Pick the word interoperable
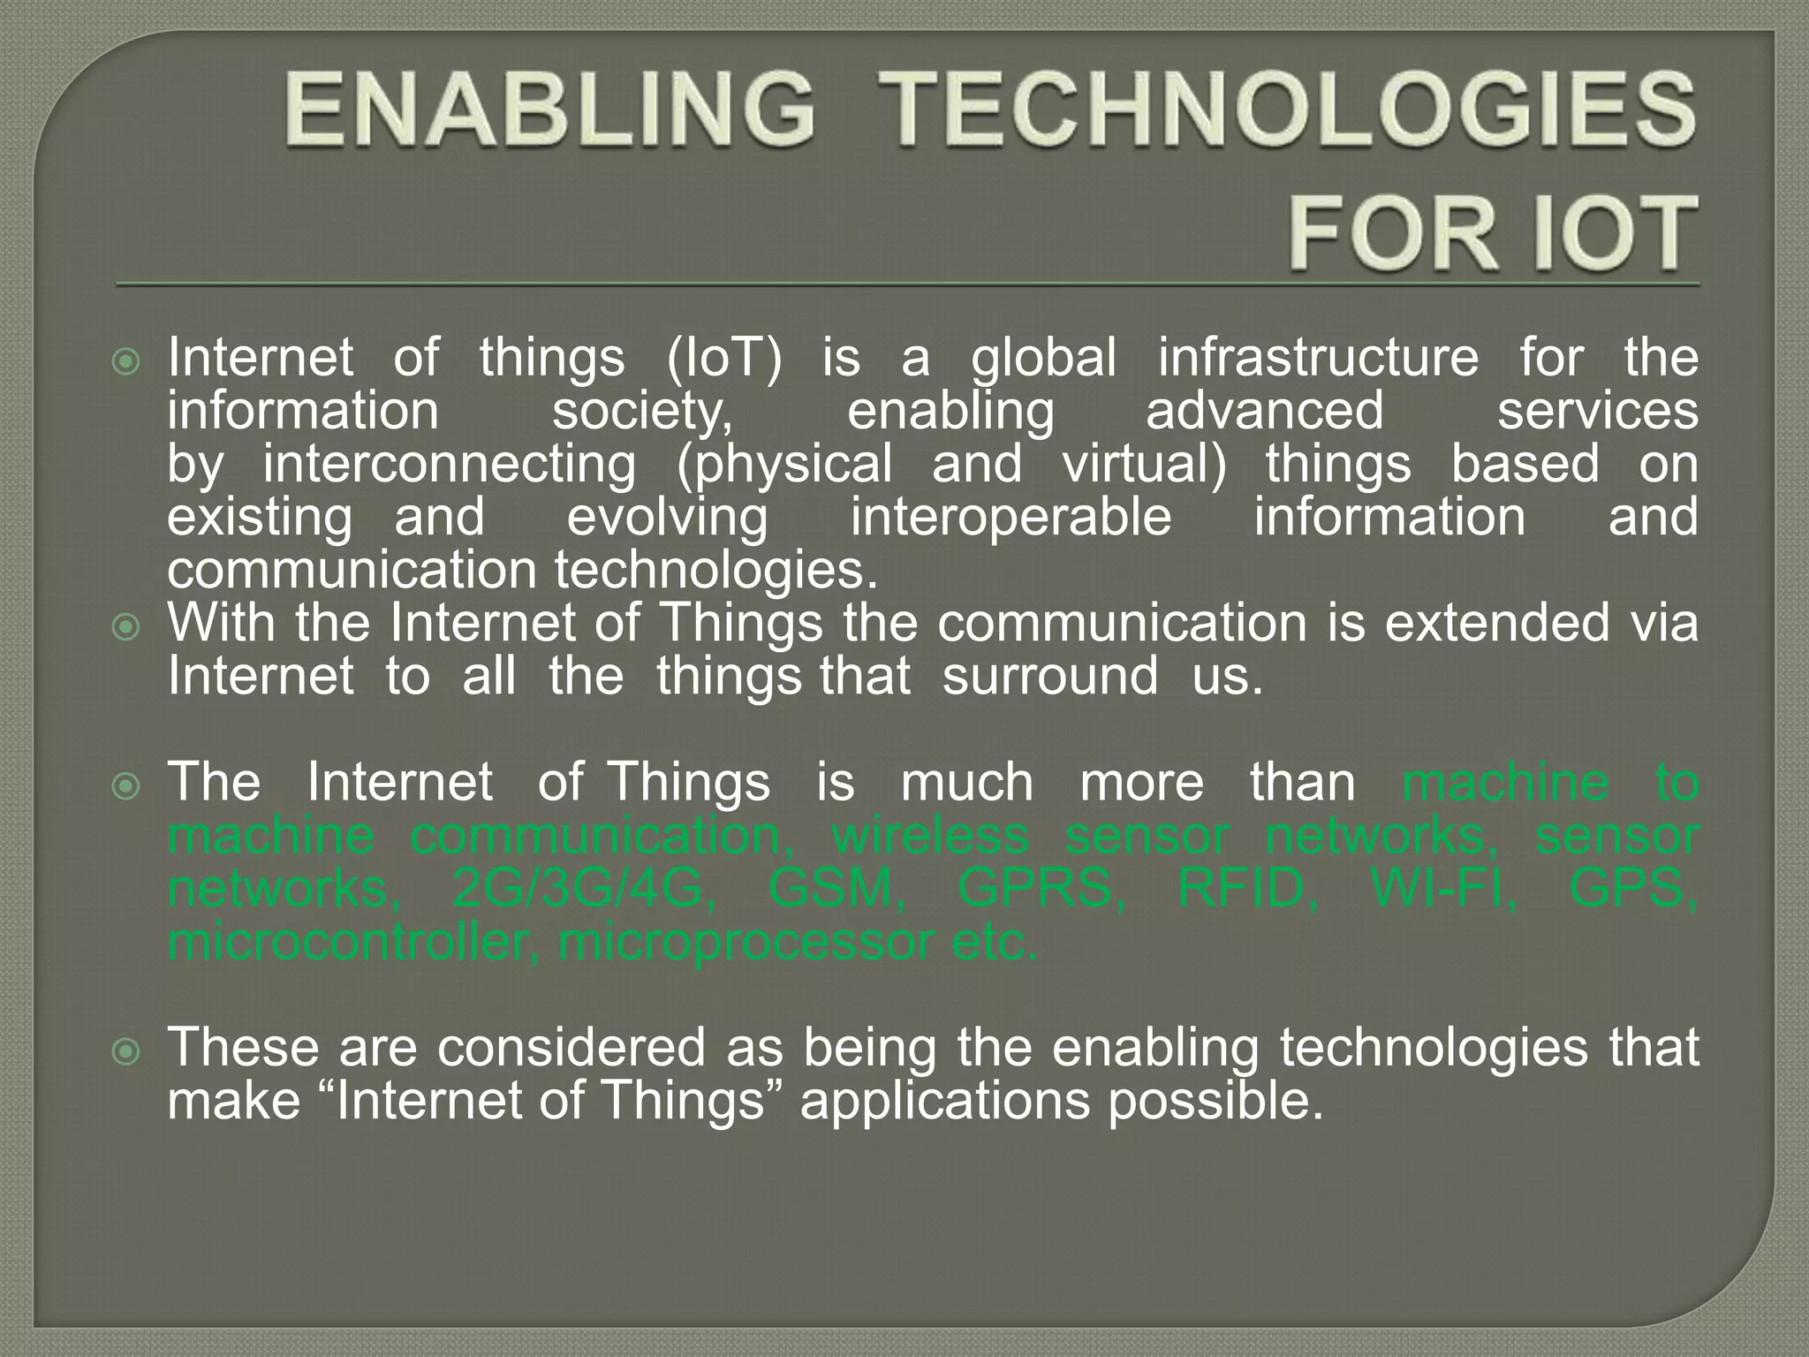coord(1010,517)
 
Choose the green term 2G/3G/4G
coord(584,888)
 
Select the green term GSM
coord(836,888)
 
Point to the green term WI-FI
coord(1443,888)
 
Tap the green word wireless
coord(930,835)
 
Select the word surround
coord(1049,677)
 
